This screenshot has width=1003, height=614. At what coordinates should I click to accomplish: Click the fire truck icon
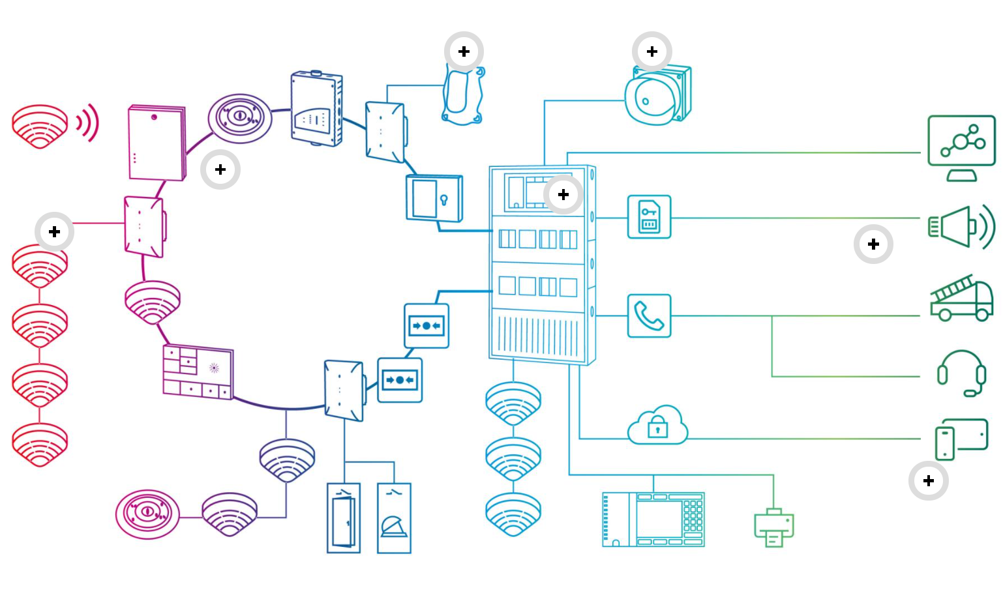961,299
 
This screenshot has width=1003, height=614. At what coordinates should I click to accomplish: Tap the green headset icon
961,373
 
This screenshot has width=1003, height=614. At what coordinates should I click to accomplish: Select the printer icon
773,528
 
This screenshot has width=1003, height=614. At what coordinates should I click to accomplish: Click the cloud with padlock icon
657,426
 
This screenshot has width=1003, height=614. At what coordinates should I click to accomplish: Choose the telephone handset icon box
649,316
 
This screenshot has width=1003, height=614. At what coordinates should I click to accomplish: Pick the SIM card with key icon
649,217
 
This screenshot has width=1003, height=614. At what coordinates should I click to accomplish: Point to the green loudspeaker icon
961,226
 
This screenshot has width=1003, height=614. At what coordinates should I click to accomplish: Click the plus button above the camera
652,51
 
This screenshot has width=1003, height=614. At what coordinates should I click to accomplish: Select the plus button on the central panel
563,194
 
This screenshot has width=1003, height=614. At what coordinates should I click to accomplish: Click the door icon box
344,518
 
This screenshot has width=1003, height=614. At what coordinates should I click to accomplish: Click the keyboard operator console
653,519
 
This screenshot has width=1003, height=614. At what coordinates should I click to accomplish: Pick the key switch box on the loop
434,198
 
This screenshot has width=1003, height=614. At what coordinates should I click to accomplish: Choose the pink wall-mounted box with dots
157,143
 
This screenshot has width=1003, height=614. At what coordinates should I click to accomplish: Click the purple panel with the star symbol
198,372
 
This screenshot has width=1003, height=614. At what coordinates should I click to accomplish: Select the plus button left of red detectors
54,231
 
